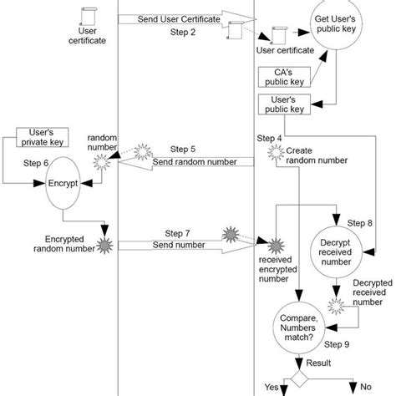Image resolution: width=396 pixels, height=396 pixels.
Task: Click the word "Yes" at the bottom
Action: tap(272, 387)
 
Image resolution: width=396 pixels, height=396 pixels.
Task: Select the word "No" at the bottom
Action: tap(364, 387)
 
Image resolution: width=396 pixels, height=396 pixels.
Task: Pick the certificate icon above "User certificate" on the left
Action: tap(82, 15)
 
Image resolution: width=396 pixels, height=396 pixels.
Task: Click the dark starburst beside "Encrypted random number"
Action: tap(105, 244)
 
